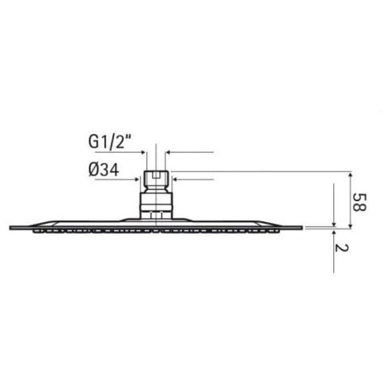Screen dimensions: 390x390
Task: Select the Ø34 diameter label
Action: [x=104, y=170]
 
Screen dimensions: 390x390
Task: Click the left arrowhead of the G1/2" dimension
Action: [x=143, y=151]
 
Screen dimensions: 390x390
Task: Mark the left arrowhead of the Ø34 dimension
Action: [x=138, y=179]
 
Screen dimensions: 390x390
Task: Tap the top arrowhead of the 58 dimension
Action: [x=350, y=174]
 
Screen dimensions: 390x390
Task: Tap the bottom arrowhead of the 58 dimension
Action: [x=350, y=225]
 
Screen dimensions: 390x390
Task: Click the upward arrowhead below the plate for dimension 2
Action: [x=333, y=231]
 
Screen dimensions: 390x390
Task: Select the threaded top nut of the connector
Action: [x=156, y=180]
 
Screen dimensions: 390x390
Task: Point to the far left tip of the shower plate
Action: [x=11, y=227]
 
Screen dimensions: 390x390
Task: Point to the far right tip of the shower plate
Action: [x=301, y=227]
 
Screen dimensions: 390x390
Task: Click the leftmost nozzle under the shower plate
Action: [x=36, y=231]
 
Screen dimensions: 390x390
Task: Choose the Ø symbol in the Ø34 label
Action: [x=94, y=170]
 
